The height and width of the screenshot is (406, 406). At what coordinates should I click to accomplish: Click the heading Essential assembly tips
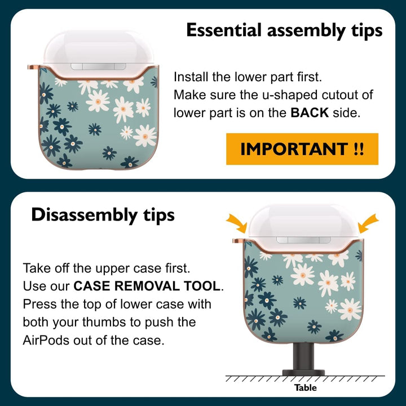coord(284,31)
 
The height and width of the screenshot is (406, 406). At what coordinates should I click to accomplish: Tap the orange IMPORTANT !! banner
coord(302,149)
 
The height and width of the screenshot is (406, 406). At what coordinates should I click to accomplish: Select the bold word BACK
coord(310,113)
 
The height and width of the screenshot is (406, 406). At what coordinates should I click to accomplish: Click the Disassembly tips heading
coord(103,215)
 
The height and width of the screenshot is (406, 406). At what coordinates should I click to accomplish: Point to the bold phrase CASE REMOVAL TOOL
coord(147,286)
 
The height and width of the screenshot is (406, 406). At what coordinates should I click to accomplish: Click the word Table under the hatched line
coord(305,387)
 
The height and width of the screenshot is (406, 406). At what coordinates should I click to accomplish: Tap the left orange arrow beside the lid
coord(237,223)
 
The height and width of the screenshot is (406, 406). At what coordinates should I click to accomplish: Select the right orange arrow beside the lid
coord(368,223)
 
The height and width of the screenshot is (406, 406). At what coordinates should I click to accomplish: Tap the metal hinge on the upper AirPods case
coord(98,67)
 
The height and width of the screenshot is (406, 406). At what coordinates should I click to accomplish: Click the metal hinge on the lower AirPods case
coord(303,240)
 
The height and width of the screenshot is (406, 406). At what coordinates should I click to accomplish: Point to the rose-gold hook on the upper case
coord(33,67)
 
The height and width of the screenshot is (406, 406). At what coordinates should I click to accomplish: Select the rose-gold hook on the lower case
coord(239,241)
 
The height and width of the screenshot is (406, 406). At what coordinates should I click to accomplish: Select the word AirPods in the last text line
coord(46,340)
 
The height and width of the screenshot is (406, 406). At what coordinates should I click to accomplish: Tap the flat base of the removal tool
coord(303,373)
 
